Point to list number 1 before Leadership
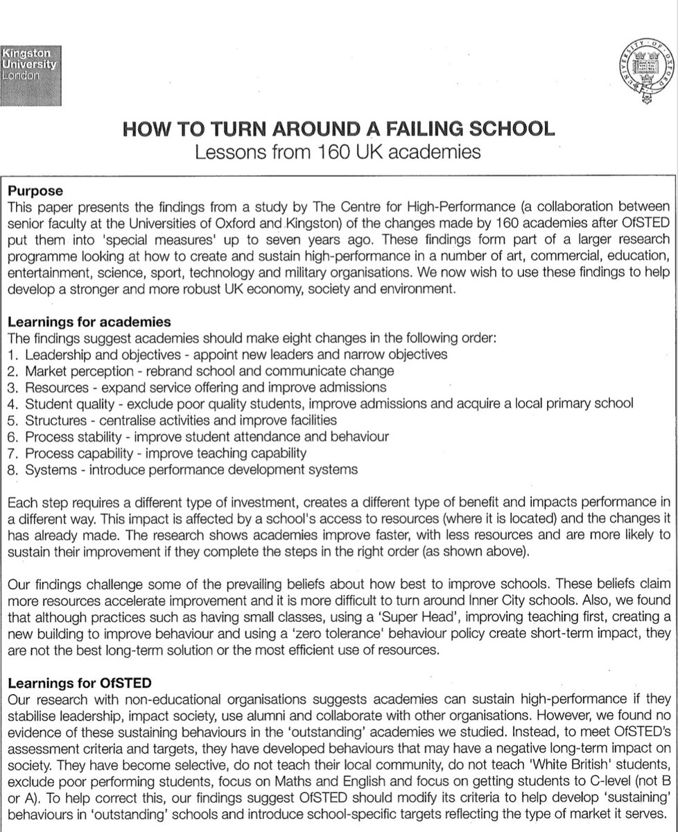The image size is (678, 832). coord(11,354)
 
